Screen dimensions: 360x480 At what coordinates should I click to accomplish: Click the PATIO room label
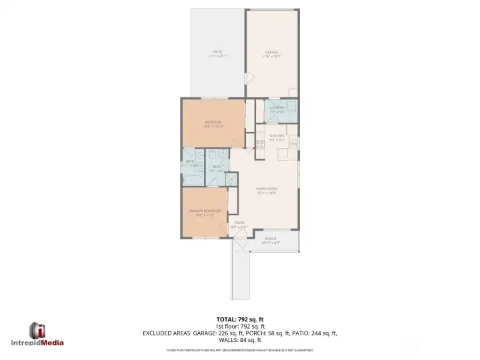point(217,51)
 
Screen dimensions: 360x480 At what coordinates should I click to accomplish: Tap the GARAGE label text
point(272,52)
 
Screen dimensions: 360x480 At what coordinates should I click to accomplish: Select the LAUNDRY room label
point(277,107)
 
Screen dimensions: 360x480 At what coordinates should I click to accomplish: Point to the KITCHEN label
point(277,137)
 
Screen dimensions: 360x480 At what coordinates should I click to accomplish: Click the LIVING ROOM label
point(267,189)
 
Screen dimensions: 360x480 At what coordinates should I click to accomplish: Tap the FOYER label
point(239,223)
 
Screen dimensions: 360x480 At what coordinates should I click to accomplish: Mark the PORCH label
point(270,239)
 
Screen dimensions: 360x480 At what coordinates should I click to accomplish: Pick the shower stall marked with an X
point(231,178)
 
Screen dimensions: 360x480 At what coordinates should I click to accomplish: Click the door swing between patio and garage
point(248,78)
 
